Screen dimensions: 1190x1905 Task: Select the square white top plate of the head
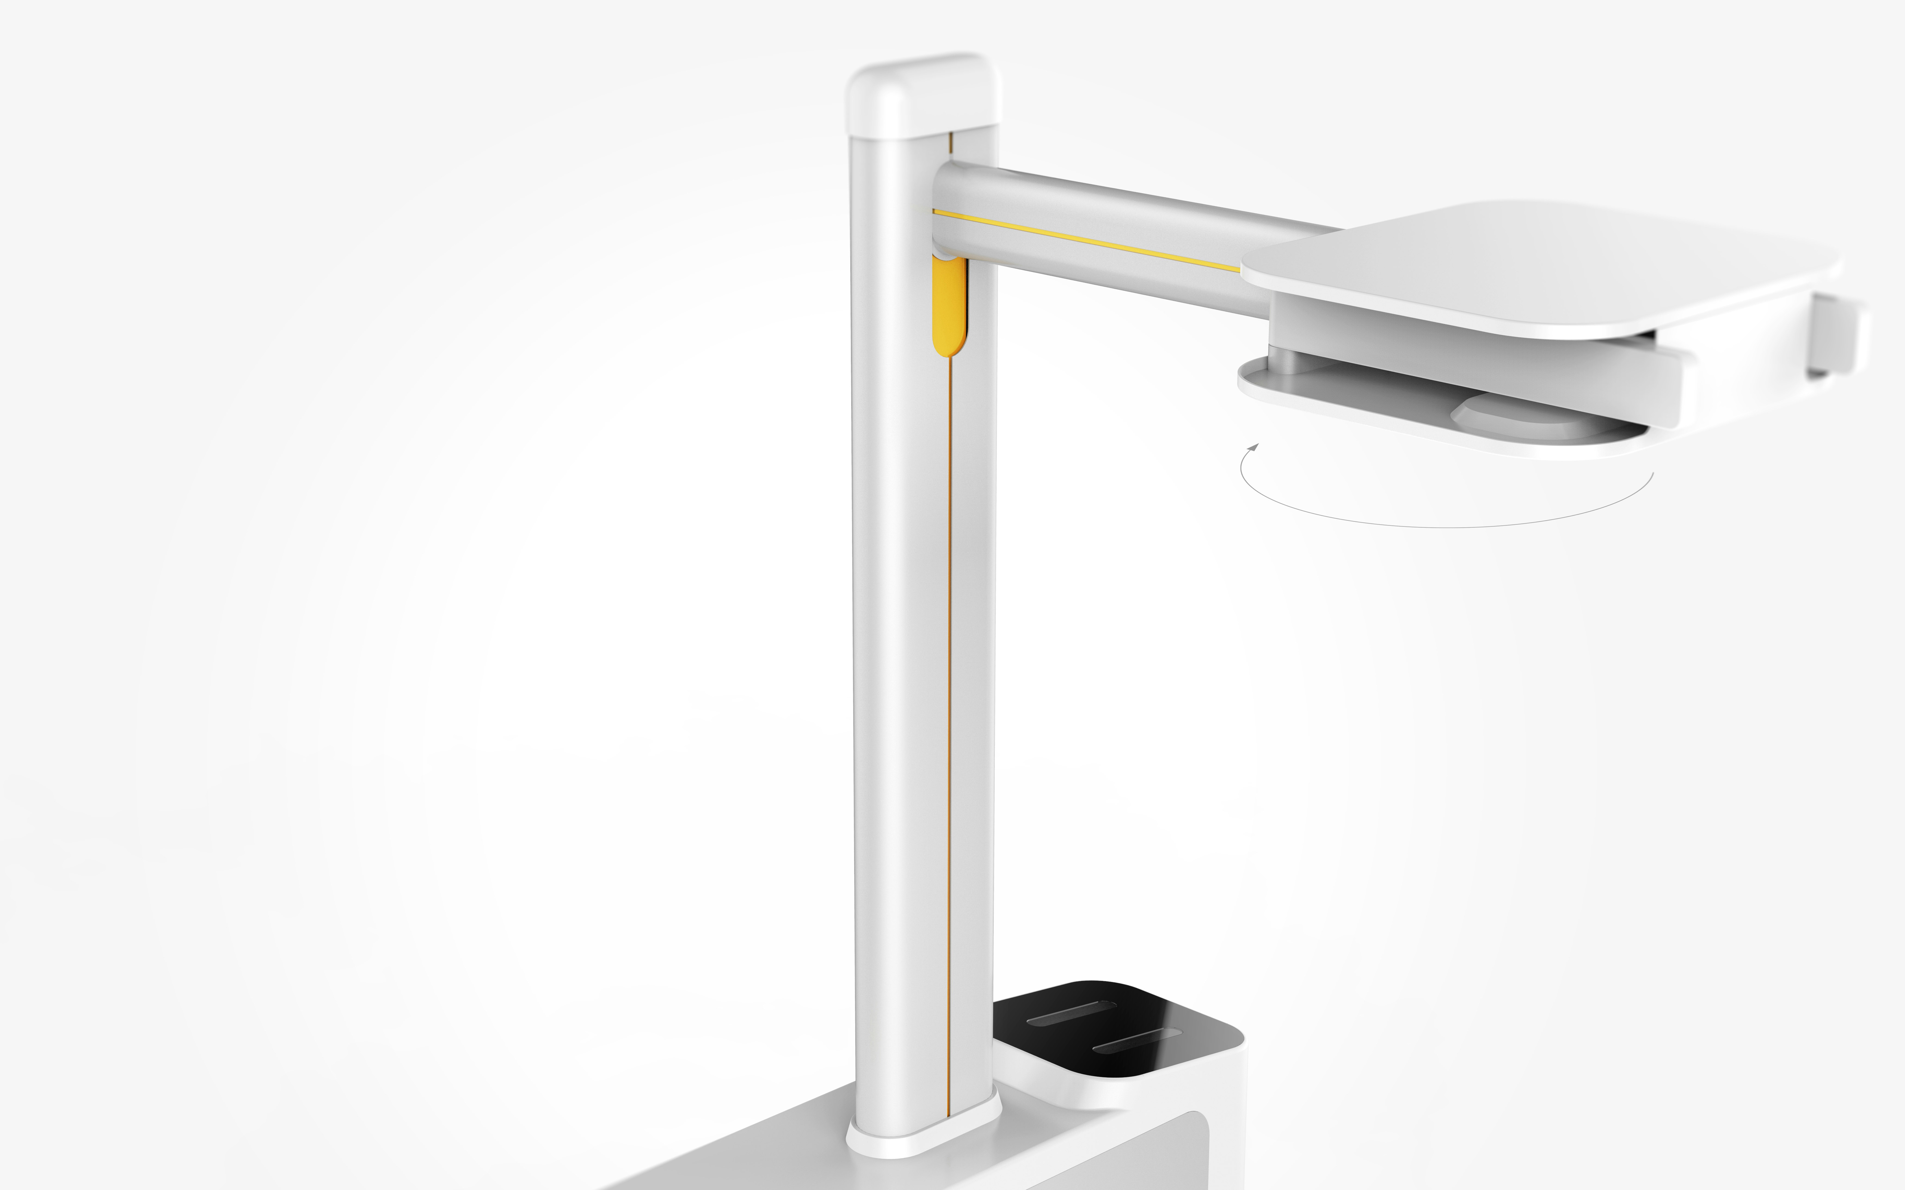pyautogui.click(x=1542, y=268)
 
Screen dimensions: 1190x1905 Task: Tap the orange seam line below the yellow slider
pyautogui.click(x=950, y=708)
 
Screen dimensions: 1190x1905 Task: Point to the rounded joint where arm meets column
pyautogui.click(x=948, y=213)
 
